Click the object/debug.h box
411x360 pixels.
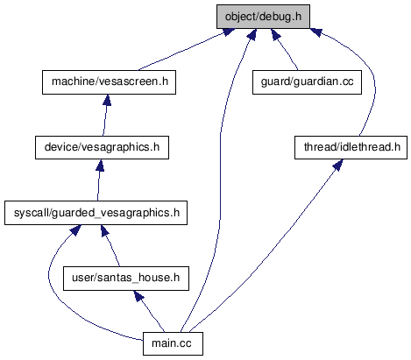[263, 17]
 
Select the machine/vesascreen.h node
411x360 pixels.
[109, 82]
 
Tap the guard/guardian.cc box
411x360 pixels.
[307, 82]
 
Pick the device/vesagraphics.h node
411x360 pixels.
[102, 147]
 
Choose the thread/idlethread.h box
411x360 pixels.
[351, 147]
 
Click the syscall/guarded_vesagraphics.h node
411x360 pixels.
[96, 213]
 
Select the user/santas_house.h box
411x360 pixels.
[126, 279]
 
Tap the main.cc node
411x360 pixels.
[173, 343]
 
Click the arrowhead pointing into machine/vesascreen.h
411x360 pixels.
[107, 100]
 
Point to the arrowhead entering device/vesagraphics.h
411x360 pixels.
[100, 166]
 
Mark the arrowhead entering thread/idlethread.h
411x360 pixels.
[338, 166]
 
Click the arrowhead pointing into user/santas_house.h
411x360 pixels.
[138, 296]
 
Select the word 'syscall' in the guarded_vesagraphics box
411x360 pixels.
[32, 213]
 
